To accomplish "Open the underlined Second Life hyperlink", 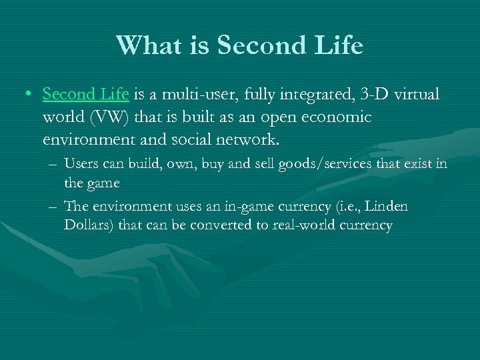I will click(x=83, y=95).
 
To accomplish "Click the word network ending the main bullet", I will click(x=253, y=140).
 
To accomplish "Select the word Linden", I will click(x=387, y=207).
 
